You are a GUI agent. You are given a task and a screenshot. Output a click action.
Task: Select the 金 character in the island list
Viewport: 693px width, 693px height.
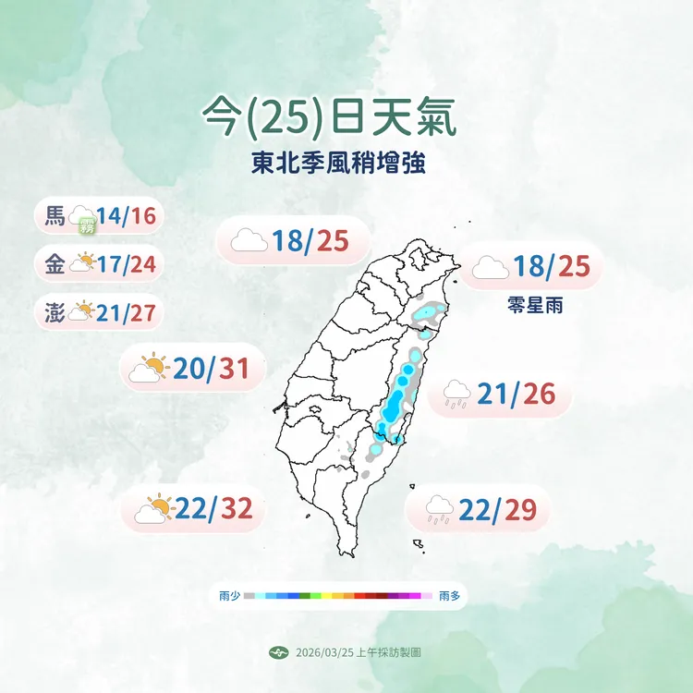[x=55, y=264]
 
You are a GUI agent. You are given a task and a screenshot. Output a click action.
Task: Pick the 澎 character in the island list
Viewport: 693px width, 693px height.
[x=55, y=311]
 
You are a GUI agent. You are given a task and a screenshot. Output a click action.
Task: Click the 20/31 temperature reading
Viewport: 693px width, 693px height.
[x=212, y=370]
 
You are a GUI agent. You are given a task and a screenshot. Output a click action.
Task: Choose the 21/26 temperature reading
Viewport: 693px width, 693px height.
[x=517, y=395]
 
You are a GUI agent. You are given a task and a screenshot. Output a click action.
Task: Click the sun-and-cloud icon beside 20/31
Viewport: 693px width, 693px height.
[x=150, y=369]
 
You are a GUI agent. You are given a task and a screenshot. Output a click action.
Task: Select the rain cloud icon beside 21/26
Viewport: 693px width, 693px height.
[x=456, y=395]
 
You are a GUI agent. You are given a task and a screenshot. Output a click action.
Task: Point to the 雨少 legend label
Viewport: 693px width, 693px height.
[x=229, y=597]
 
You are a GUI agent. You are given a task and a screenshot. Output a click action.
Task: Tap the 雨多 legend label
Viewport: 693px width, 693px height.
[x=450, y=597]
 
